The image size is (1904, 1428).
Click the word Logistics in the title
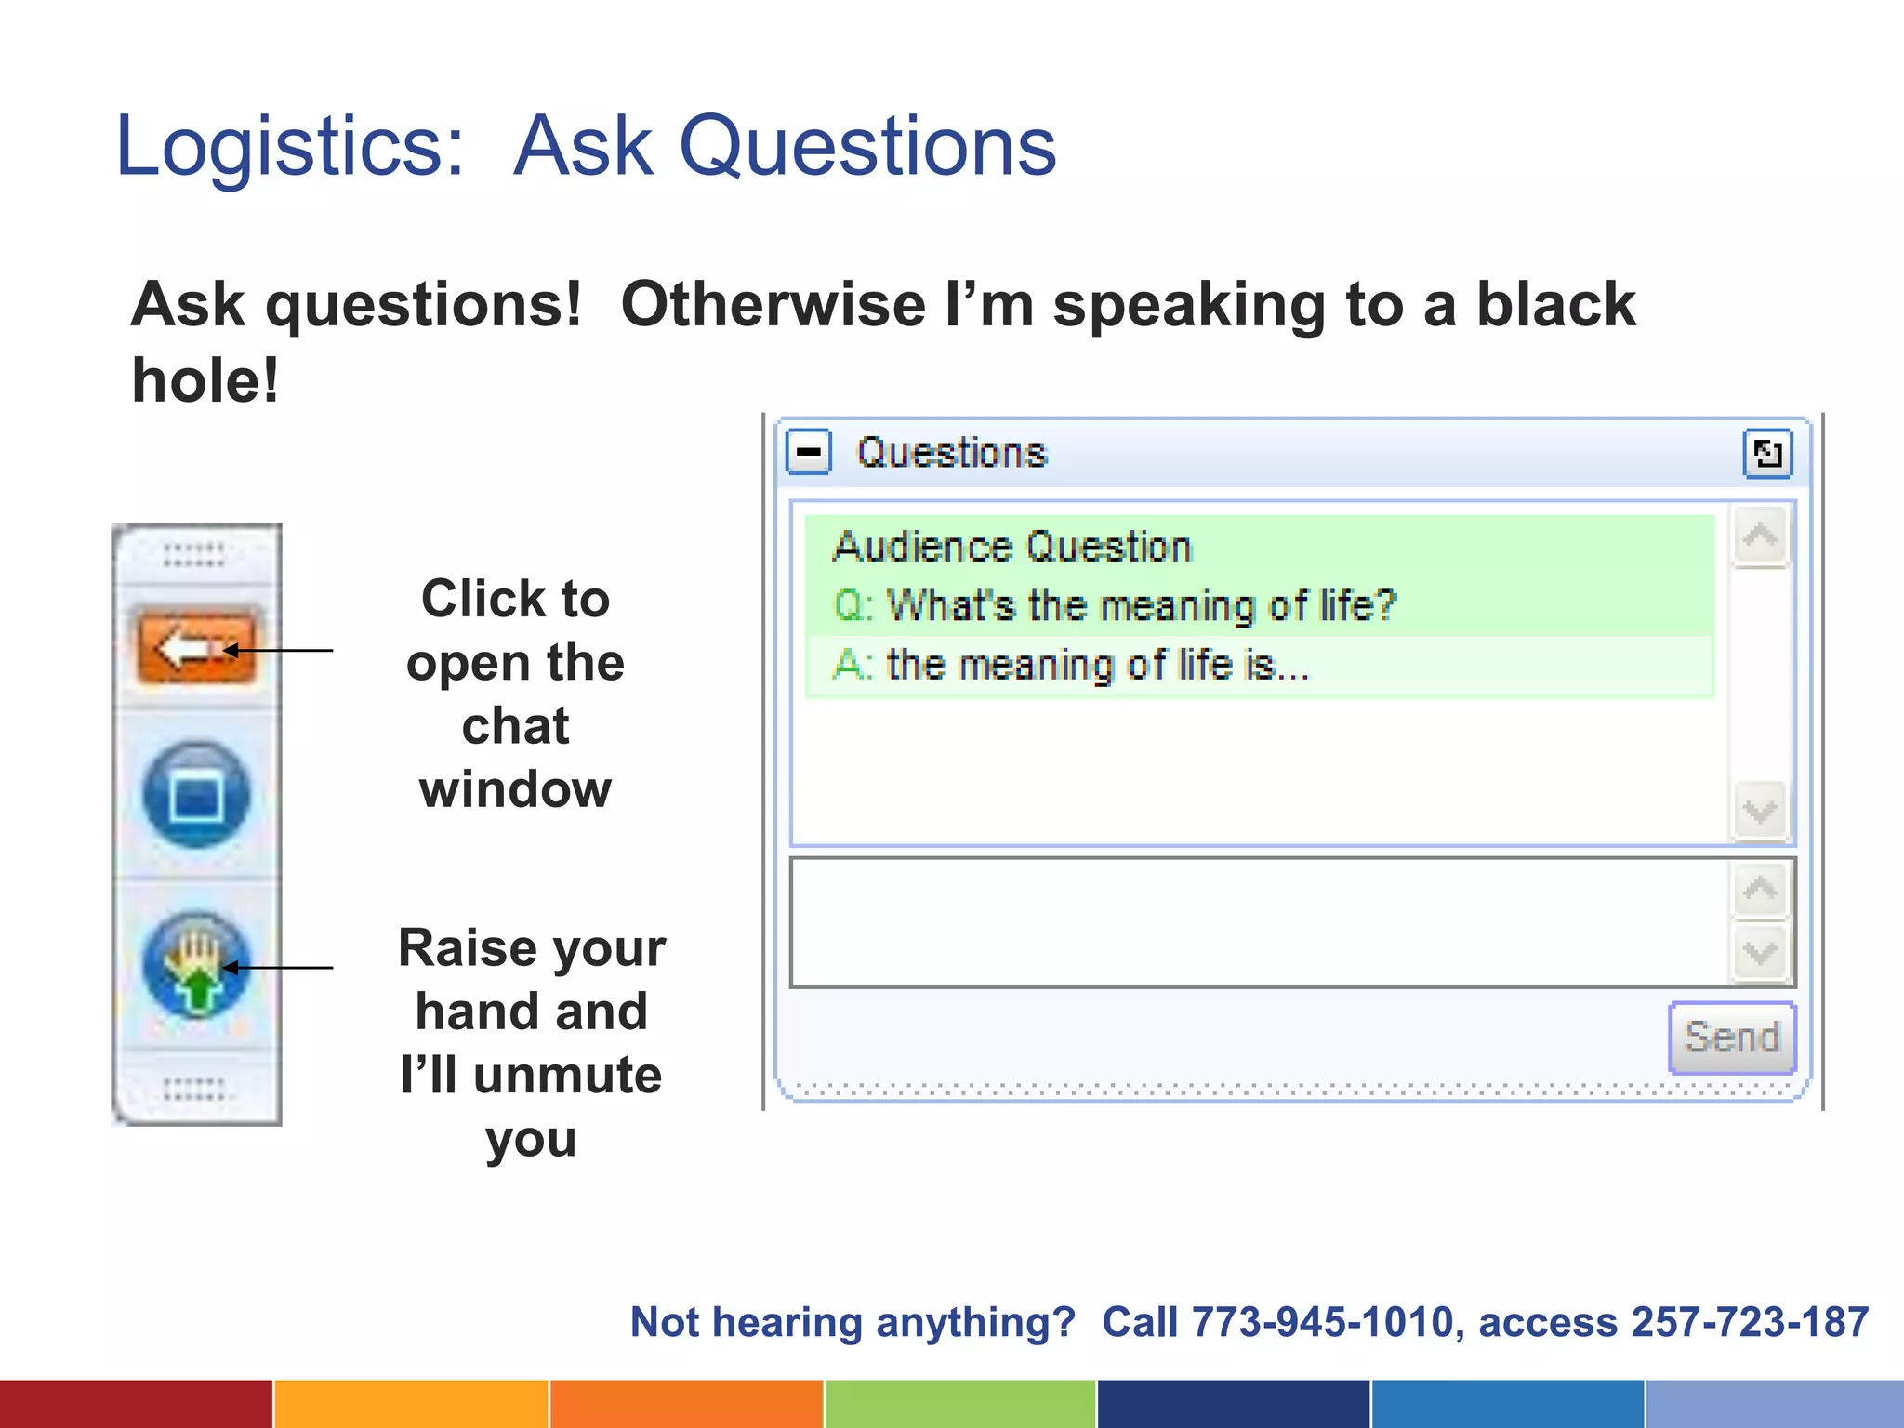tap(288, 147)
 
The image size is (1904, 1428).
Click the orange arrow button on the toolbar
tap(196, 647)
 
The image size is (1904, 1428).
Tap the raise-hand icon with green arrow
tap(196, 967)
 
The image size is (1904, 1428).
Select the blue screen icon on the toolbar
tap(196, 795)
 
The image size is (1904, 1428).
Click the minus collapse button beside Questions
tap(808, 453)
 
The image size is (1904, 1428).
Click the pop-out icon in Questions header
tap(1766, 454)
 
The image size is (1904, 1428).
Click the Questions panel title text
tap(952, 454)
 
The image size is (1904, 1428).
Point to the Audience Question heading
tap(1011, 547)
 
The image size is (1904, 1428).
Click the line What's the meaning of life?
tap(1116, 606)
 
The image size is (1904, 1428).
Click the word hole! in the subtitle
tap(205, 381)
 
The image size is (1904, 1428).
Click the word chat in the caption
tap(515, 726)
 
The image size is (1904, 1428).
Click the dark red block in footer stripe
tap(136, 1404)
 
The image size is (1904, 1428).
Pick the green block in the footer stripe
tap(960, 1404)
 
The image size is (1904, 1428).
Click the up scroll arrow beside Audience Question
tap(1759, 536)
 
